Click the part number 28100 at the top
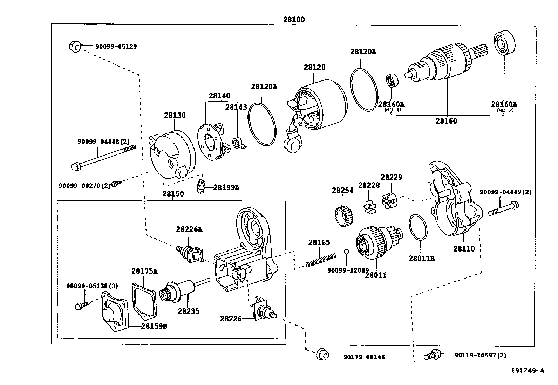[294, 20]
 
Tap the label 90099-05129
[116, 46]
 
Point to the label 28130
[175, 115]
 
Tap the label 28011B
[421, 259]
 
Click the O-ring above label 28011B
[418, 228]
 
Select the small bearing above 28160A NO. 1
[392, 81]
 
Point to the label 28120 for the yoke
[314, 67]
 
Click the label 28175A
[144, 271]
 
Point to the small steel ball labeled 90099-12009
[346, 252]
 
